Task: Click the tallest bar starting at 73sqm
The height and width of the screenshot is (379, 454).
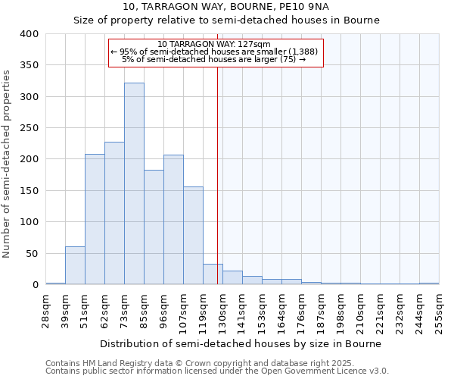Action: (x=134, y=183)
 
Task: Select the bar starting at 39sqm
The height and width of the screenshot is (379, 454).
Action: (x=75, y=265)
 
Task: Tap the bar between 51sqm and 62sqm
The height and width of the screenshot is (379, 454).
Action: (x=95, y=219)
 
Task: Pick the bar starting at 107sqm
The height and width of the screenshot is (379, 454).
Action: (x=193, y=235)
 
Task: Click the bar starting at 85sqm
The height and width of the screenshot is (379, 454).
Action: (x=154, y=227)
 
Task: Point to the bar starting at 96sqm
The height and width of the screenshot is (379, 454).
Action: (x=173, y=219)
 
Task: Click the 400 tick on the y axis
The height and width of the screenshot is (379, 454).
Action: (x=29, y=34)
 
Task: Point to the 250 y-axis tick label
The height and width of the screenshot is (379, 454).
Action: (x=29, y=128)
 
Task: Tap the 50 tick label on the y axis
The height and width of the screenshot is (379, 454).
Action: (x=31, y=253)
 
